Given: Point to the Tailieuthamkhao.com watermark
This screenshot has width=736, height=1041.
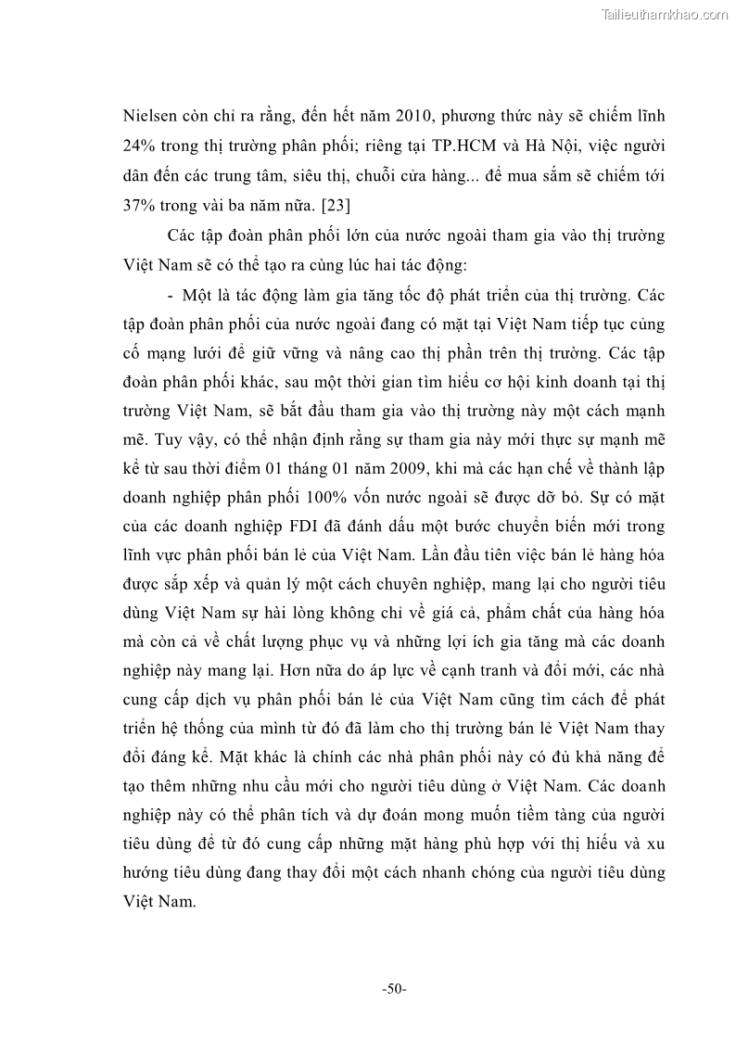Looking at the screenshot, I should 666,15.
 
